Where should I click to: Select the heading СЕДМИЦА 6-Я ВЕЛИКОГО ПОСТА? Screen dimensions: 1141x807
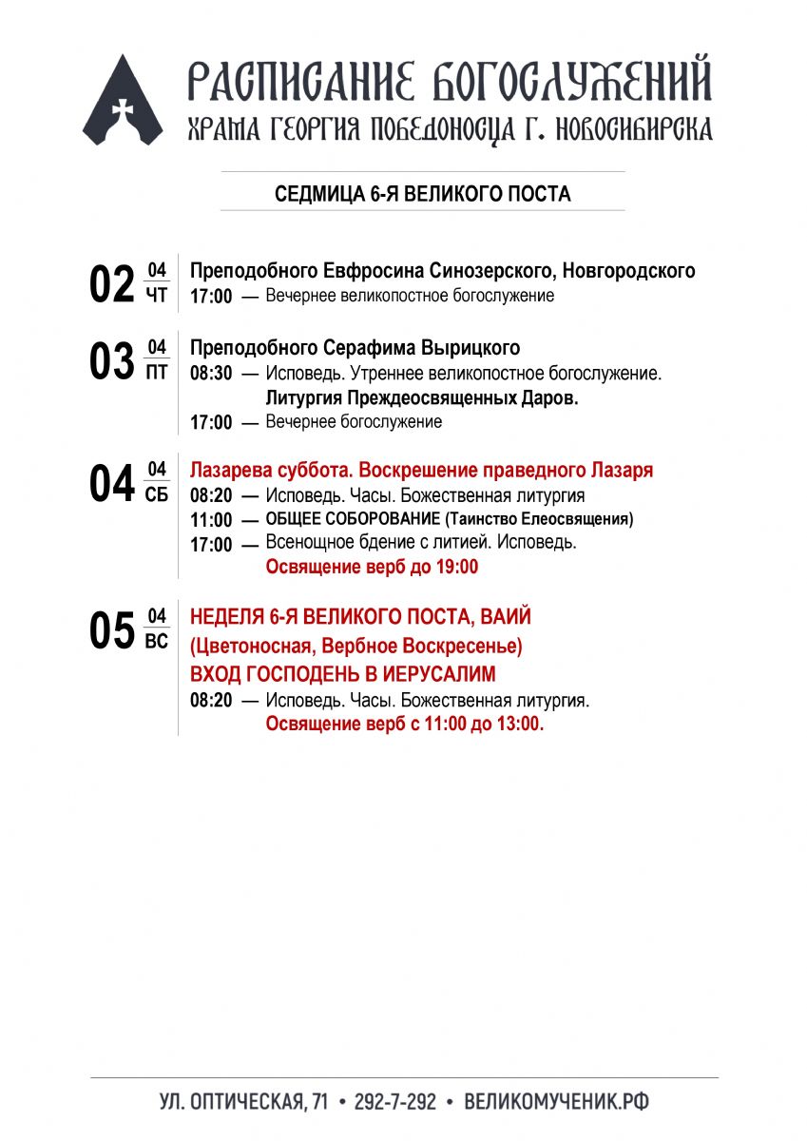point(422,195)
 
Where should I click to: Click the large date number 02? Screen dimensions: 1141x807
point(112,284)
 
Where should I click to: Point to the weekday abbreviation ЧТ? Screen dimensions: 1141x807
point(157,296)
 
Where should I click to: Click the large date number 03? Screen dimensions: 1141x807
point(112,361)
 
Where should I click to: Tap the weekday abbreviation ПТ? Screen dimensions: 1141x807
point(157,373)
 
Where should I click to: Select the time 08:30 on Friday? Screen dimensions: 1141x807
point(210,374)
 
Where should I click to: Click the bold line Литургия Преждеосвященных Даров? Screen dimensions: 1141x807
point(422,398)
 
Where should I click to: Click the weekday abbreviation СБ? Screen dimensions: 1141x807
point(157,495)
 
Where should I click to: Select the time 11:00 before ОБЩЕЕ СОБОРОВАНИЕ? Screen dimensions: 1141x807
point(210,520)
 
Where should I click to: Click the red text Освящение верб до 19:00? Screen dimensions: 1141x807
point(372,568)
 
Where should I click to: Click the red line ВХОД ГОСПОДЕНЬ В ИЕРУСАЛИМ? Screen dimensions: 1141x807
point(343,674)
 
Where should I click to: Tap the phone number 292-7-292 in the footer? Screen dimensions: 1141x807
point(394,1102)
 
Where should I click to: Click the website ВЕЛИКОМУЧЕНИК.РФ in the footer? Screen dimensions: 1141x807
point(557,1102)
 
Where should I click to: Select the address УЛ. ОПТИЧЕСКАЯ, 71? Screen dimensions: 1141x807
point(243,1102)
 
